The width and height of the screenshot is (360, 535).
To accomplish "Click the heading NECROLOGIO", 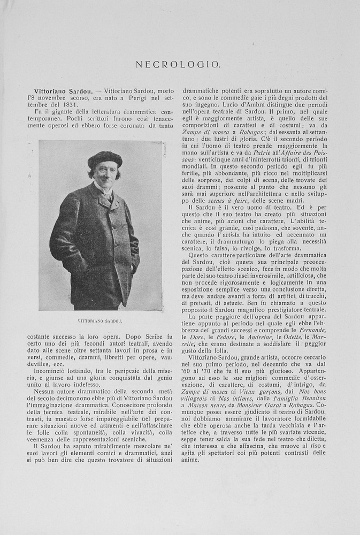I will pyautogui.click(x=178, y=64).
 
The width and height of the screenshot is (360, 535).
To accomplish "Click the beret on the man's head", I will pyautogui.click(x=105, y=158).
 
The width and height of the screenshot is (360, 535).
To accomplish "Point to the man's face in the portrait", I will pyautogui.click(x=105, y=174).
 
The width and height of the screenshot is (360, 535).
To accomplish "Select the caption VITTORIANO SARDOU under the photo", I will pyautogui.click(x=100, y=321).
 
